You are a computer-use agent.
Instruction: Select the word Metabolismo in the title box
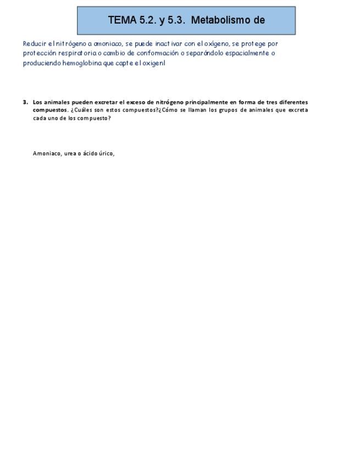click(x=220, y=20)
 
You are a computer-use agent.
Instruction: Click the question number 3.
click(x=25, y=102)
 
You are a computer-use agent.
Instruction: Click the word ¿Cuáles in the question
click(x=81, y=110)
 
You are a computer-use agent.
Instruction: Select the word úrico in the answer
click(x=106, y=153)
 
